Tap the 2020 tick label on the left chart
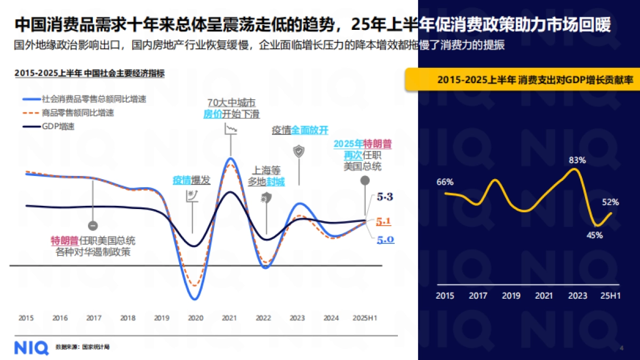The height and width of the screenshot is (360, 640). [196, 318]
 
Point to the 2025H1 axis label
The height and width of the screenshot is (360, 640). [365, 318]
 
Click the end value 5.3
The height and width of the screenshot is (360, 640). [385, 197]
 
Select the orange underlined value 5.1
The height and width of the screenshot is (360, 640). [385, 221]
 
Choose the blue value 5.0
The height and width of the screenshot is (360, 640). [385, 240]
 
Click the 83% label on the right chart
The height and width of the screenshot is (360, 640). [577, 159]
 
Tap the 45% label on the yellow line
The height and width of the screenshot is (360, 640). [595, 235]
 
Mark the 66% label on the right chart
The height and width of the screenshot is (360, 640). [445, 182]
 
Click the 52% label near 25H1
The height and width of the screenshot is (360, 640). [611, 202]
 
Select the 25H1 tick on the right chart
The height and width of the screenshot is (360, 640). [610, 295]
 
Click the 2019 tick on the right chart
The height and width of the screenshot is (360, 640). [511, 295]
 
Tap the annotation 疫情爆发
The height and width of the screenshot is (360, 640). [191, 180]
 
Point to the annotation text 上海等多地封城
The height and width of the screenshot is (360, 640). [266, 176]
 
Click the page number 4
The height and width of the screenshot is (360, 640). [621, 348]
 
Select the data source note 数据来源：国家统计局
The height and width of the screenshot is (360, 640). [83, 347]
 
